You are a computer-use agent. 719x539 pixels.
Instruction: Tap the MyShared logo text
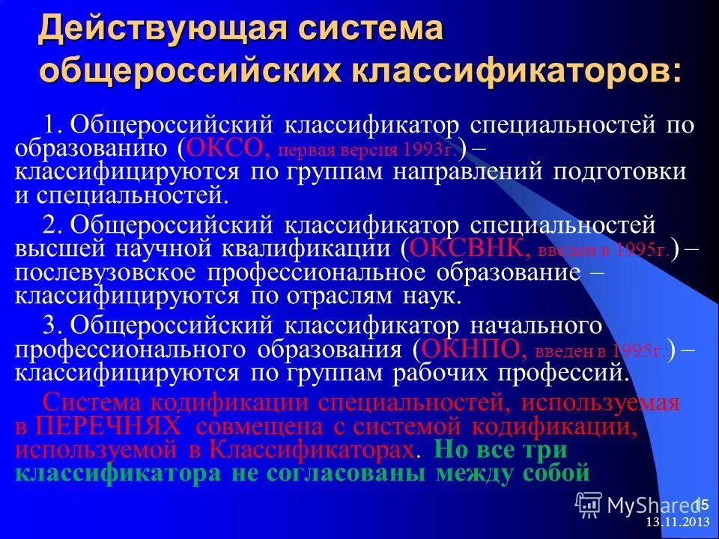coord(650,505)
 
